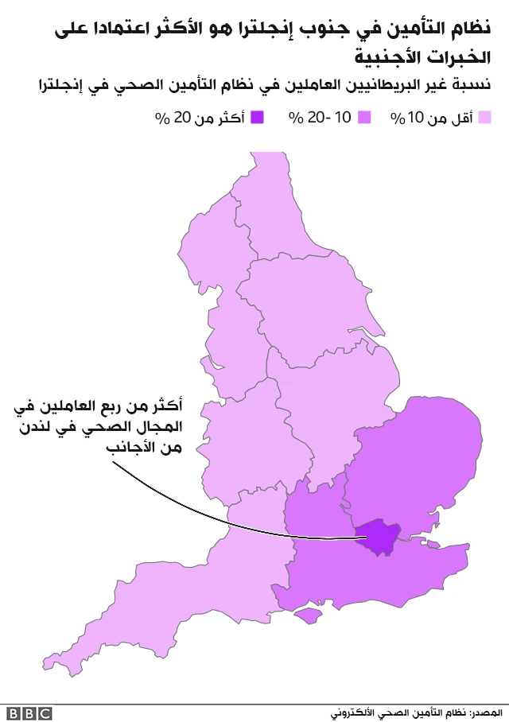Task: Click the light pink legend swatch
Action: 484,118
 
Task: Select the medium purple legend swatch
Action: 366,118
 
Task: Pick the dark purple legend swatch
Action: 256,118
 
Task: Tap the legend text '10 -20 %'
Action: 320,118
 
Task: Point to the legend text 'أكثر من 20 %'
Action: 199,118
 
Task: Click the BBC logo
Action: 29,713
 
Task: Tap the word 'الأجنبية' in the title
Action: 394,57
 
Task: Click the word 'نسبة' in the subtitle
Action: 472,85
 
